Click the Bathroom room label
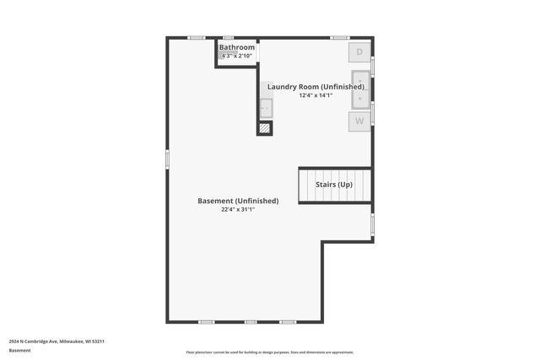coord(237,47)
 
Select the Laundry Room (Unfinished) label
coord(316,87)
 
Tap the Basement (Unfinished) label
coord(238,201)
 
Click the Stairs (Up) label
coord(334,185)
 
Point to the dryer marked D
coord(359,52)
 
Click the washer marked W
coord(359,121)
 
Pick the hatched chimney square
coord(265,128)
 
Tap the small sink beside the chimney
coord(266,107)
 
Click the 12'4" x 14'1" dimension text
coord(316,95)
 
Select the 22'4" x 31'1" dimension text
coord(238,209)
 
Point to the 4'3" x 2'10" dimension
coord(237,56)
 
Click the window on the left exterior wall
coord(167,159)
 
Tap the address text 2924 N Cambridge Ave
coord(57,341)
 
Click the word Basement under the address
coord(20,350)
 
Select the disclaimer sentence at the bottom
coord(269,352)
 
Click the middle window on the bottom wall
coord(251,322)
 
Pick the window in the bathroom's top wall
coord(229,37)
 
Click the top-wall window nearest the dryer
coord(340,37)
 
